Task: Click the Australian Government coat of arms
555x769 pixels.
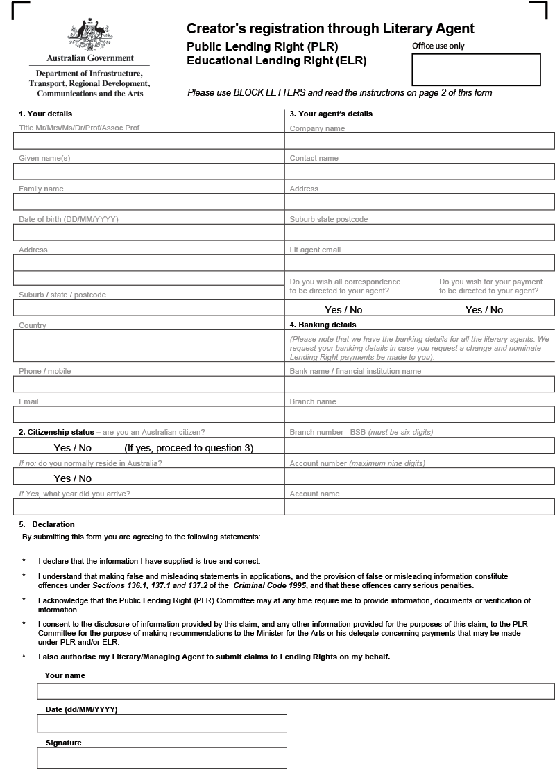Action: [90, 35]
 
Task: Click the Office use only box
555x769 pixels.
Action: [475, 69]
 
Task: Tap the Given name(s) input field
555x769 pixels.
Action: [148, 171]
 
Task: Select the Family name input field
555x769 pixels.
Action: [148, 202]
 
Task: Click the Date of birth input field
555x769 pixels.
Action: [148, 232]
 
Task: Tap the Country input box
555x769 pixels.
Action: [148, 346]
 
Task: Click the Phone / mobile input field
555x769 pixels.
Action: [148, 384]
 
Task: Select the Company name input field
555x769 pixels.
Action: [419, 141]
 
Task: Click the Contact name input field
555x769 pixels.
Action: [419, 171]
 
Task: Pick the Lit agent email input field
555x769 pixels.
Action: [419, 263]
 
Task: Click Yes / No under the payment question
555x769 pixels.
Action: [484, 310]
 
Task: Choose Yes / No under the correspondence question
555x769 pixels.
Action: [343, 310]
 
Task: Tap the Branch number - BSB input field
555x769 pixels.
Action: [419, 445]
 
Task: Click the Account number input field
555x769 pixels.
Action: [419, 476]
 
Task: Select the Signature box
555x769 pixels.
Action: [162, 758]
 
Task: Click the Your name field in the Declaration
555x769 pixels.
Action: [296, 691]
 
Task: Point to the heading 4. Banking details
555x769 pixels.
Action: [323, 325]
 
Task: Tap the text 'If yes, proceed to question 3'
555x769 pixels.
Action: [189, 448]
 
